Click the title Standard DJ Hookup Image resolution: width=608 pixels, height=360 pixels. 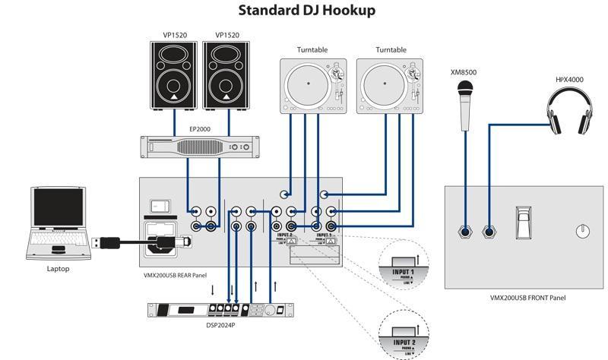[306, 11]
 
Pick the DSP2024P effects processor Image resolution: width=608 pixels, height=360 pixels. [220, 311]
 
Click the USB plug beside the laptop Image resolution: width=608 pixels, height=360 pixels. [106, 242]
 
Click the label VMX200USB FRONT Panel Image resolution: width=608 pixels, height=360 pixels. [527, 298]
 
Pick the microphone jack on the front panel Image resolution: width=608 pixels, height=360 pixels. [464, 231]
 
